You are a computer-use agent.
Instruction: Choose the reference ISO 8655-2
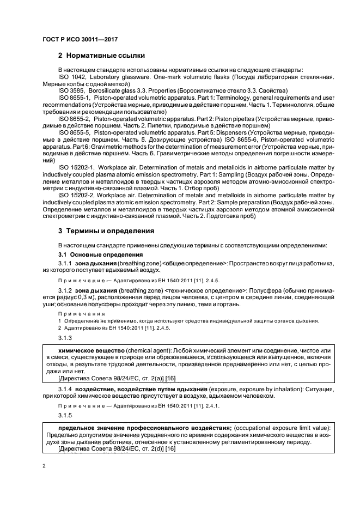pyautogui.click(x=72, y=118)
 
